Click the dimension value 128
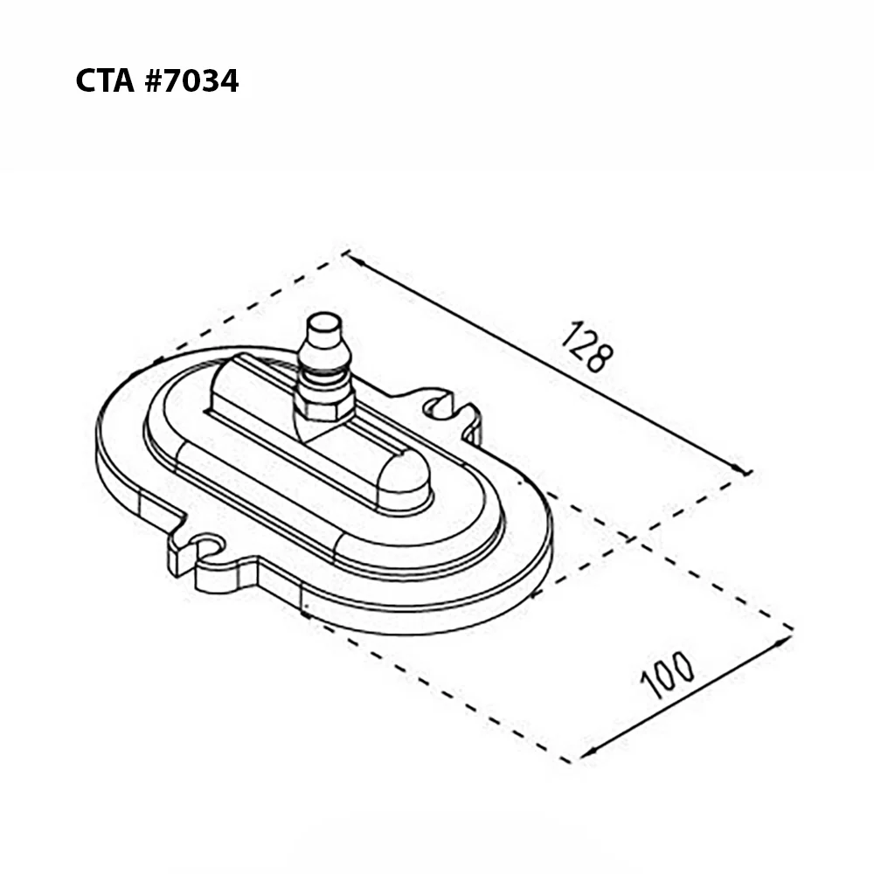point(586,347)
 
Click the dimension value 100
point(667,675)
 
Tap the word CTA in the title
point(105,80)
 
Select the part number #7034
point(191,80)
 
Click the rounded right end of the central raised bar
point(406,476)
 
